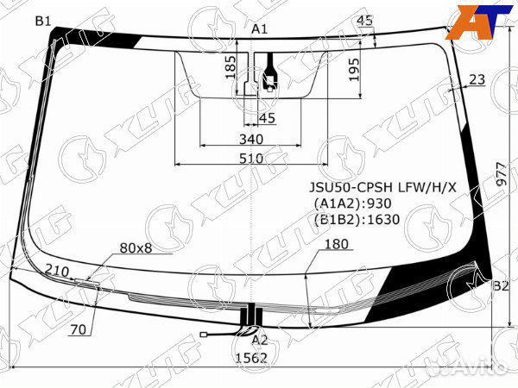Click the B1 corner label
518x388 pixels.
click(x=43, y=21)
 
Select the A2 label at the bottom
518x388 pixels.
click(x=259, y=340)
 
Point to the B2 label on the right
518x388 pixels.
click(x=500, y=285)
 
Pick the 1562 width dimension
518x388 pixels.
click(x=251, y=359)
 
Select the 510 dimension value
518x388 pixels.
click(x=250, y=159)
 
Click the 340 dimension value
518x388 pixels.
click(x=250, y=140)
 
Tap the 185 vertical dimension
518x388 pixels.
click(x=231, y=67)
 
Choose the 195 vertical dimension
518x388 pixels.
click(x=354, y=68)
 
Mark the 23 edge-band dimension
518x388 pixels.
click(x=477, y=79)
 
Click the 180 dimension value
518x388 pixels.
click(x=336, y=244)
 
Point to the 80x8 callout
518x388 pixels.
click(x=136, y=248)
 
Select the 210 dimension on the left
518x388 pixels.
click(x=56, y=271)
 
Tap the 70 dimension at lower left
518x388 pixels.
click(x=78, y=329)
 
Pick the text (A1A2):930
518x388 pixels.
click(x=352, y=203)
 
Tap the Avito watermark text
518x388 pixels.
click(x=471, y=369)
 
